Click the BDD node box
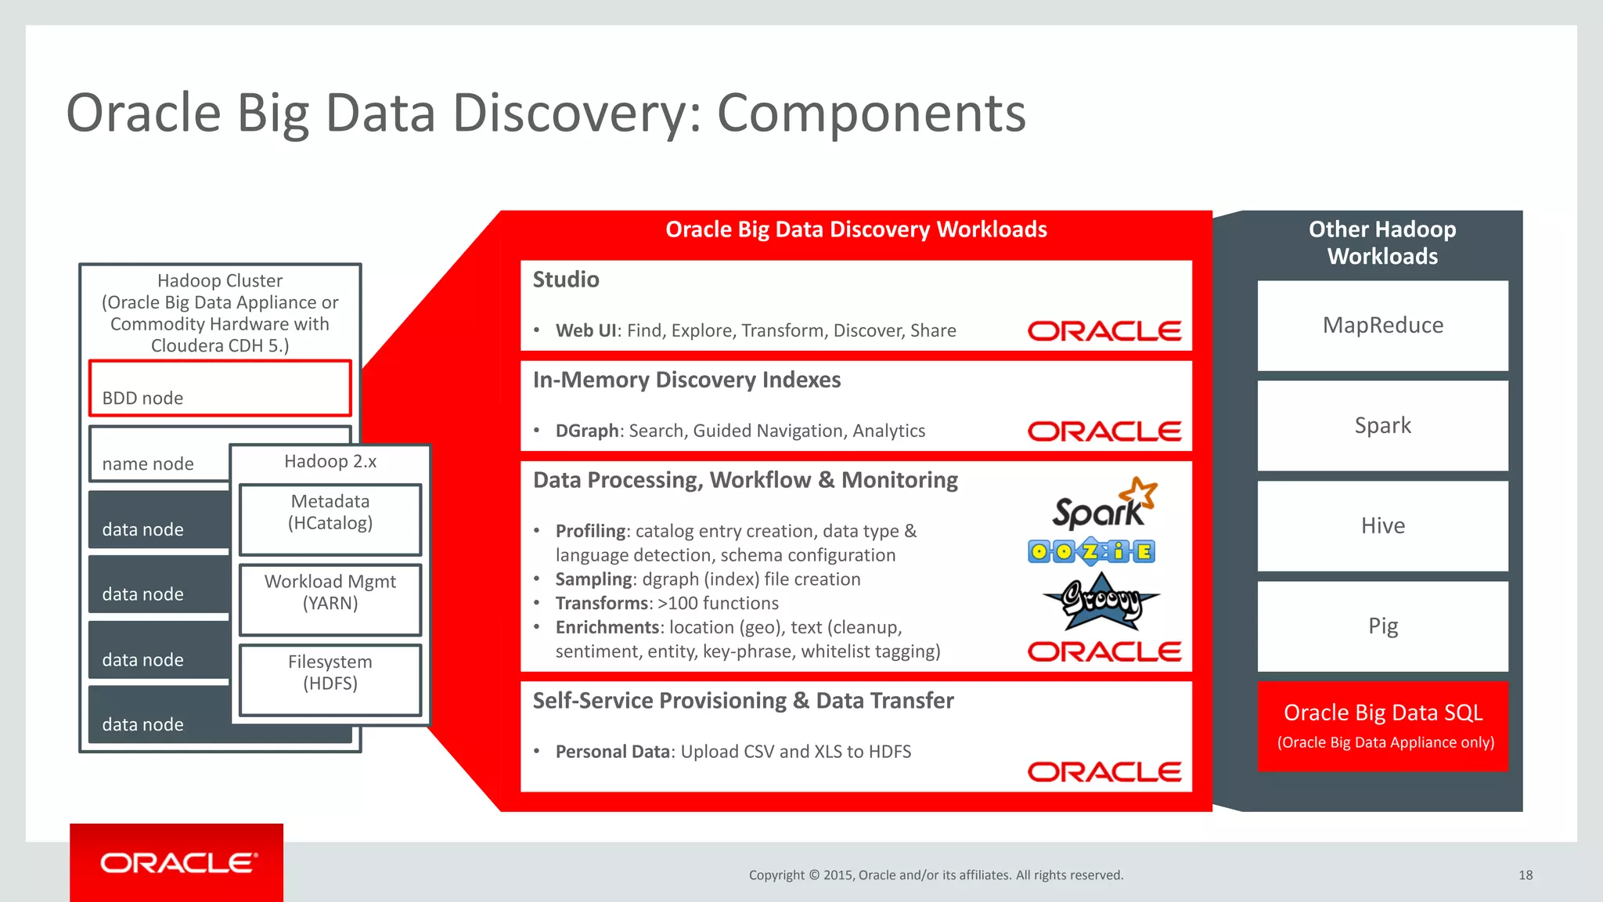coord(220,388)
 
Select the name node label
coord(148,464)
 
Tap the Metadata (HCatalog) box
coord(330,519)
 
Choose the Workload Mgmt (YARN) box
coord(330,599)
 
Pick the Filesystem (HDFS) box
coord(330,680)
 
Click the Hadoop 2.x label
coord(330,461)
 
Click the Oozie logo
coord(1091,551)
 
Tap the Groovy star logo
coord(1100,601)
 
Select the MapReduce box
coord(1382,325)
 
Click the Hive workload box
coord(1382,525)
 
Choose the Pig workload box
coord(1382,626)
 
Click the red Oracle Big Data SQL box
coord(1382,726)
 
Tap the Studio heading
coord(566,280)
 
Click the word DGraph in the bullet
coord(587,431)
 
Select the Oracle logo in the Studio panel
coord(1104,331)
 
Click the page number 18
coord(1526,875)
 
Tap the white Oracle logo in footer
coord(178,863)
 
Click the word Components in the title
coord(870,113)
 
